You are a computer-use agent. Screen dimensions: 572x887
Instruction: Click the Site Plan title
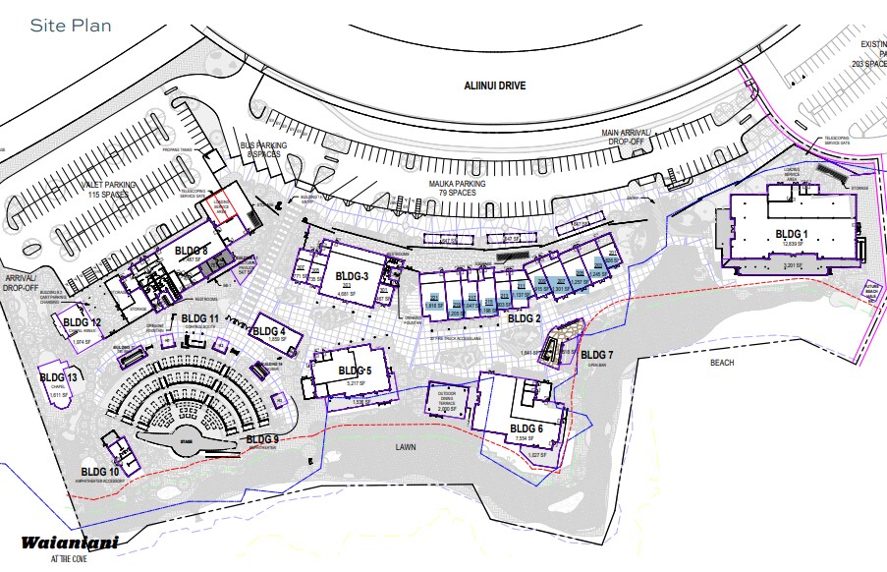[x=71, y=25]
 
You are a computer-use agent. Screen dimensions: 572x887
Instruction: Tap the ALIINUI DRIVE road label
[x=495, y=86]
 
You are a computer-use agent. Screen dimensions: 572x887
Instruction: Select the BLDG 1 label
[x=792, y=233]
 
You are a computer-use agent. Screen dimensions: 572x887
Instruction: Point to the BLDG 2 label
[x=525, y=318]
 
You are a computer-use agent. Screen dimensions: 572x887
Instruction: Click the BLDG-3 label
[x=352, y=275]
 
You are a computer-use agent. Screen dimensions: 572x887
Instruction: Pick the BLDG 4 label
[x=269, y=331]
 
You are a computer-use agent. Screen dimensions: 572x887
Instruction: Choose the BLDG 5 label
[x=355, y=370]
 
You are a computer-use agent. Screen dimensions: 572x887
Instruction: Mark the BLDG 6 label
[x=526, y=429]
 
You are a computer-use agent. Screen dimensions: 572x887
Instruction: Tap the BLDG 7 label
[x=596, y=354]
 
